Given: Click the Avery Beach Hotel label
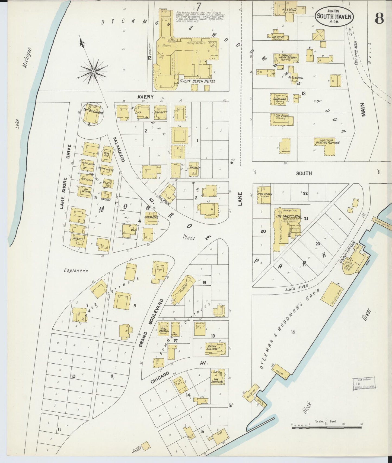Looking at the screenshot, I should (197, 81).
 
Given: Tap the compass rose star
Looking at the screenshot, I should (93, 71).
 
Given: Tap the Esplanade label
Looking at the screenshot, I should (76, 270).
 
